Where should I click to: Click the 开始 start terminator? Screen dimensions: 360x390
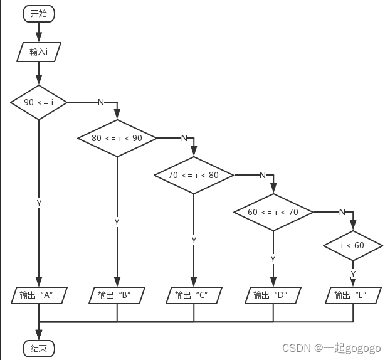click(39, 13)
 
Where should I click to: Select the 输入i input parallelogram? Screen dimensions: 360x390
click(39, 51)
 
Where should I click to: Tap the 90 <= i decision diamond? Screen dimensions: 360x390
click(39, 102)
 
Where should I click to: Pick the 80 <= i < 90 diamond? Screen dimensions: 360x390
click(117, 138)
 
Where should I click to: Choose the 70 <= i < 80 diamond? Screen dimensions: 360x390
click(194, 175)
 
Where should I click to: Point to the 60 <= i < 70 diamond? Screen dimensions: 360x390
click(273, 212)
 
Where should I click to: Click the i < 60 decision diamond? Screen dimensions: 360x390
click(352, 245)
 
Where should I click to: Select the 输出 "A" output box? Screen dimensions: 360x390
click(39, 295)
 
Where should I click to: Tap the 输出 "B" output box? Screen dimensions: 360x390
click(117, 295)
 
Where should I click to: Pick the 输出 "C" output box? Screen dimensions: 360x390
click(194, 295)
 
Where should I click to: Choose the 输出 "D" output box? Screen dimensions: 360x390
click(273, 295)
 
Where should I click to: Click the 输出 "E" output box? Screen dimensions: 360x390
click(352, 295)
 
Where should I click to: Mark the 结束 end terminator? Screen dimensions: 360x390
click(39, 348)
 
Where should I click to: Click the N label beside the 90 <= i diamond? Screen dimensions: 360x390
click(100, 102)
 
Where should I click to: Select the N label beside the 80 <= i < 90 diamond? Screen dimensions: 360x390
click(184, 138)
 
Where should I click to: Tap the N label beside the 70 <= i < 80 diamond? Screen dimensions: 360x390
click(262, 175)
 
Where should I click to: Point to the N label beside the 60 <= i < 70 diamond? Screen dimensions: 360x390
click(342, 212)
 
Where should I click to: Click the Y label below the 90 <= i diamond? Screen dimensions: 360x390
click(39, 203)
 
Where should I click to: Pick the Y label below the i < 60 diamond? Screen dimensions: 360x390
click(353, 275)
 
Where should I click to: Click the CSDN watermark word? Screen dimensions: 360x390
click(297, 347)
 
